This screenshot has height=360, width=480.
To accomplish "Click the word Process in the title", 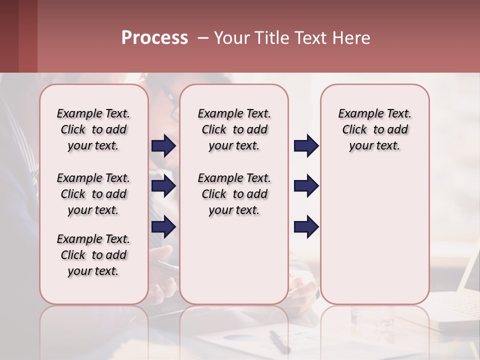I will coord(154,38).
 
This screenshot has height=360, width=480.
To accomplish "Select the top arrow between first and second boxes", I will coord(163,146).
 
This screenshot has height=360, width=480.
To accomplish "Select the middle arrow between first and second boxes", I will coord(163,186).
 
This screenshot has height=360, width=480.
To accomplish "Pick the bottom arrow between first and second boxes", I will coord(163,226).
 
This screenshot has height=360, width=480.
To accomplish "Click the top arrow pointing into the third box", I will coord(306,146).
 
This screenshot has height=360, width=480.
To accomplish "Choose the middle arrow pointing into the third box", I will coord(306,186).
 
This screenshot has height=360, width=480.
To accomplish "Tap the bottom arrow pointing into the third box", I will coord(306,226).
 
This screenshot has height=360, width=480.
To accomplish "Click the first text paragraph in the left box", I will coord(93,129).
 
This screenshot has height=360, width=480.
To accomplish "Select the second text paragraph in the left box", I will coord(93,194).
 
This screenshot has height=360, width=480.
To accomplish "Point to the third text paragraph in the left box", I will coord(93,255).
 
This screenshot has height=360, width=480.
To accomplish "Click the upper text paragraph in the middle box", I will coord(234,129).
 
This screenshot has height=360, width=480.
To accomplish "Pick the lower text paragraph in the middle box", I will coord(234,194).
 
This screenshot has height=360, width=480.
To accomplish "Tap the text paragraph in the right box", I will coord(374,129).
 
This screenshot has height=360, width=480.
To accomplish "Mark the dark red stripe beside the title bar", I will coord(27,36).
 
